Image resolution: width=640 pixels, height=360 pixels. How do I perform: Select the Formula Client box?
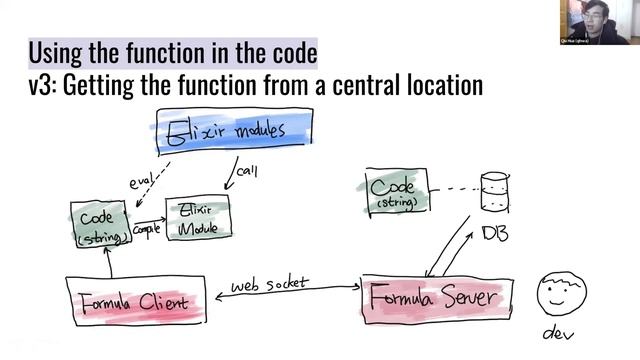point(141,301)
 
